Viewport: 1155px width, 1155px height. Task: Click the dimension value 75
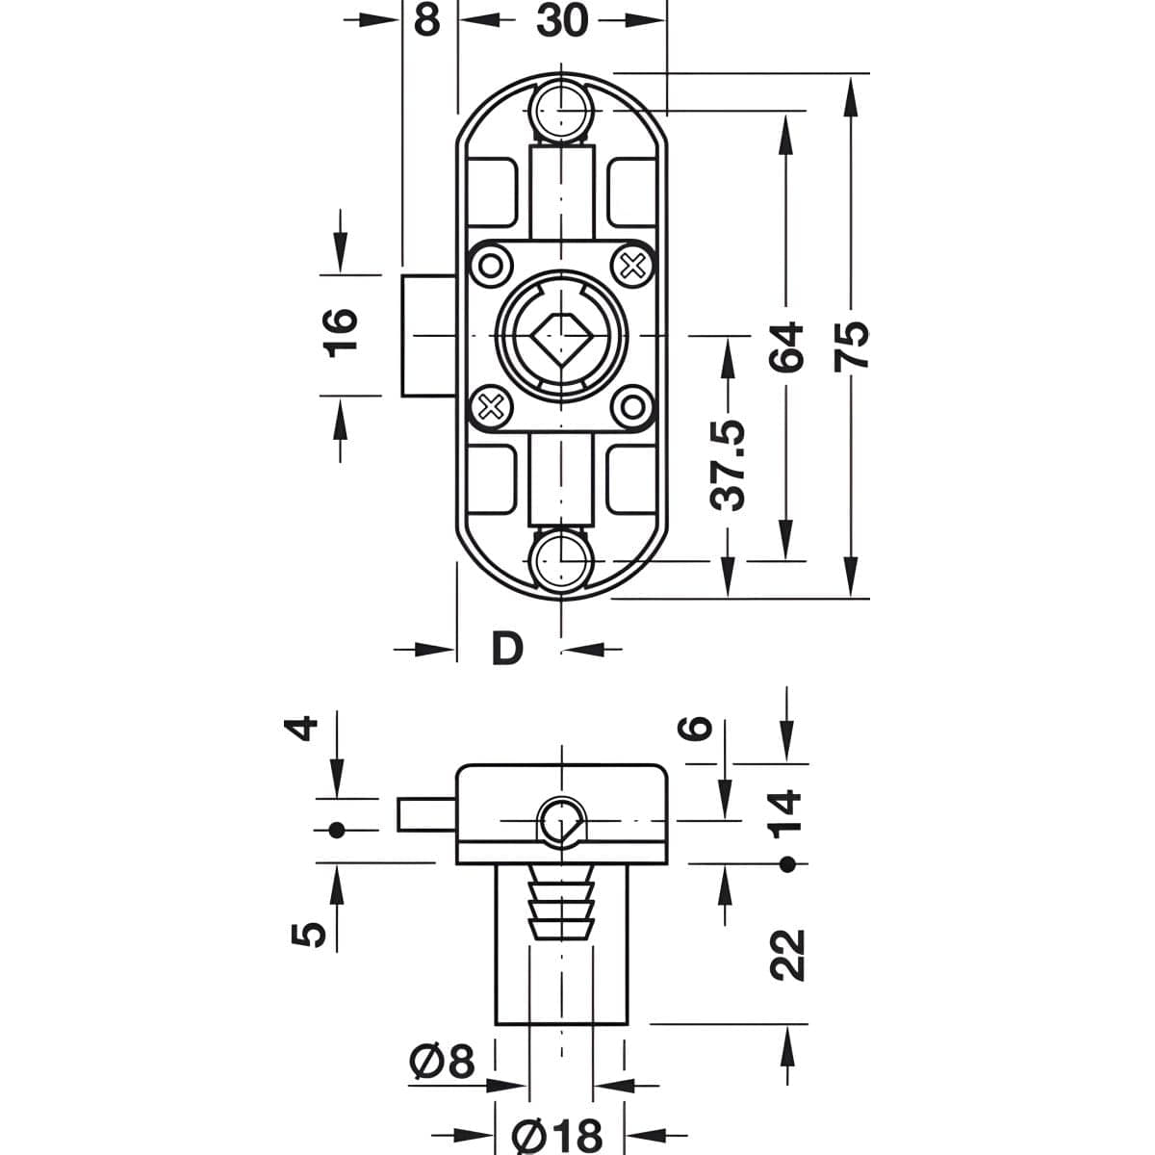tap(852, 346)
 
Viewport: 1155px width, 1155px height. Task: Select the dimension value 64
tap(785, 347)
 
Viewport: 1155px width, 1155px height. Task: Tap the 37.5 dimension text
tap(728, 465)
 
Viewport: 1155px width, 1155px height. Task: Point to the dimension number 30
tap(562, 21)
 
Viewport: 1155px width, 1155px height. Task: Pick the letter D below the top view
tap(507, 649)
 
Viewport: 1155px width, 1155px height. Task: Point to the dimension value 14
tap(785, 813)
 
